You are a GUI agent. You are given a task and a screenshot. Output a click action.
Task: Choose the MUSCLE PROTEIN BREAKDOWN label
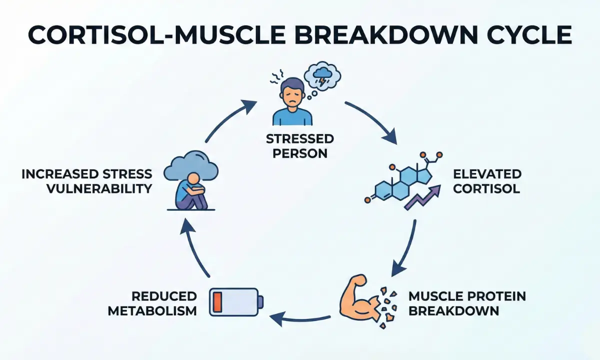[x=467, y=303]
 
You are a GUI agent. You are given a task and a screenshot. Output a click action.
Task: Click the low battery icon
[x=235, y=301]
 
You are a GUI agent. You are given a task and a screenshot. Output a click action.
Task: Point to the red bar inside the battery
[x=218, y=301]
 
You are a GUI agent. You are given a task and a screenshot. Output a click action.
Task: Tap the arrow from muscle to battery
[x=300, y=316]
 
